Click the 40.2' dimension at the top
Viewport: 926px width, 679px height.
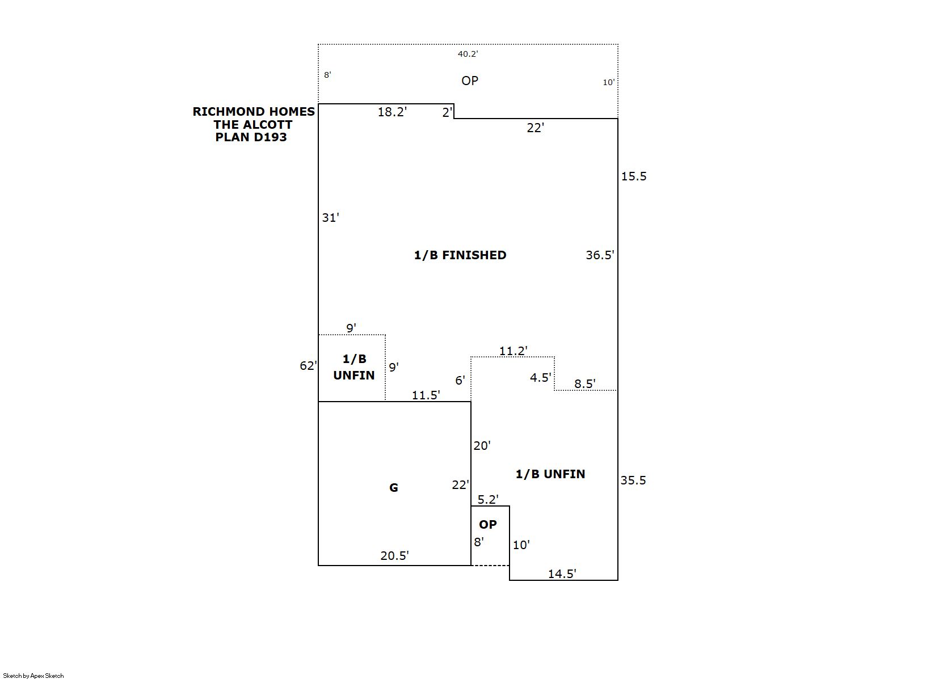pos(468,54)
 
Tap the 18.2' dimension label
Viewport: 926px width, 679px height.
pos(392,112)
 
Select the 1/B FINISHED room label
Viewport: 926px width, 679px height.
pos(460,255)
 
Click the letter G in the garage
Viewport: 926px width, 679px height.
pos(394,488)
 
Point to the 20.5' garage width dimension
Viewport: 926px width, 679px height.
pos(394,555)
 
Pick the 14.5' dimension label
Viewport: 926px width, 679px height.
pos(562,573)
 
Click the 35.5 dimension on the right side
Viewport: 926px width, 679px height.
pos(633,480)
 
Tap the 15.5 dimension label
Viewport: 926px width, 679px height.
pos(634,176)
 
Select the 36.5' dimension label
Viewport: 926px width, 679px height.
pos(600,255)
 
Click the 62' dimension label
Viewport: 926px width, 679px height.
pos(309,365)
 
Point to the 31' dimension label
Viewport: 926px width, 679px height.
pos(331,217)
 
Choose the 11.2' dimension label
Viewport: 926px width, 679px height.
pos(513,351)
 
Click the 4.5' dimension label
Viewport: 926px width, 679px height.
pos(540,377)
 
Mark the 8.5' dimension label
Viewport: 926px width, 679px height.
pos(584,384)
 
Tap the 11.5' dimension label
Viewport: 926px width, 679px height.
pos(426,395)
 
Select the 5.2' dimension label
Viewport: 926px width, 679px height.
pos(488,500)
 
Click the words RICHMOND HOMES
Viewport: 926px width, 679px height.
pos(254,112)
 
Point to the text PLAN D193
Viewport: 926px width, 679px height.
pos(251,137)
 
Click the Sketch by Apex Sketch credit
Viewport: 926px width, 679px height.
pos(33,676)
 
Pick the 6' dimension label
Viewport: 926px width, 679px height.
pos(460,380)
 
